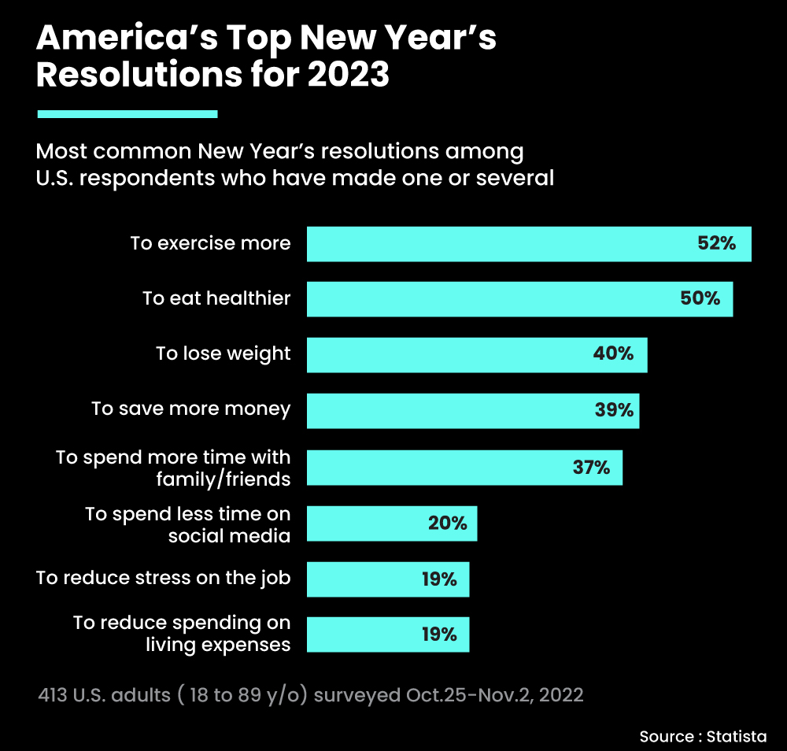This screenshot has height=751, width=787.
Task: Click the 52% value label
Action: click(x=716, y=244)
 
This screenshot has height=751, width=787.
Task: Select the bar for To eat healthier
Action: click(x=519, y=299)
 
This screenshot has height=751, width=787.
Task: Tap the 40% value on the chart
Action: click(x=613, y=354)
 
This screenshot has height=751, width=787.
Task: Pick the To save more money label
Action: click(x=190, y=409)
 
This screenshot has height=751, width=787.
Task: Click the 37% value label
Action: click(x=591, y=468)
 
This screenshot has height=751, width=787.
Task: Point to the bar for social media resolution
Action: click(x=391, y=523)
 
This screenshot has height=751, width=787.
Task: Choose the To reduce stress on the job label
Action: click(x=164, y=579)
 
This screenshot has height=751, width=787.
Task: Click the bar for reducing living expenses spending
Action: click(x=387, y=634)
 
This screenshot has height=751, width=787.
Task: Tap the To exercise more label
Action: click(x=210, y=244)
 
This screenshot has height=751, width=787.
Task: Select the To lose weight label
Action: click(x=224, y=354)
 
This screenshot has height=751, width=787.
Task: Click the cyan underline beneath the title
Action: click(x=127, y=114)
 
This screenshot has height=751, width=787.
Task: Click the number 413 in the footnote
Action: click(x=53, y=696)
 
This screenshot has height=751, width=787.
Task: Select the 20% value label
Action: click(x=448, y=523)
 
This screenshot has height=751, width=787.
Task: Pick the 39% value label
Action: click(x=614, y=410)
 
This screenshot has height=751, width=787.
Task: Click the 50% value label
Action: click(x=700, y=299)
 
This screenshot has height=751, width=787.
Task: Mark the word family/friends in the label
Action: click(x=229, y=479)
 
